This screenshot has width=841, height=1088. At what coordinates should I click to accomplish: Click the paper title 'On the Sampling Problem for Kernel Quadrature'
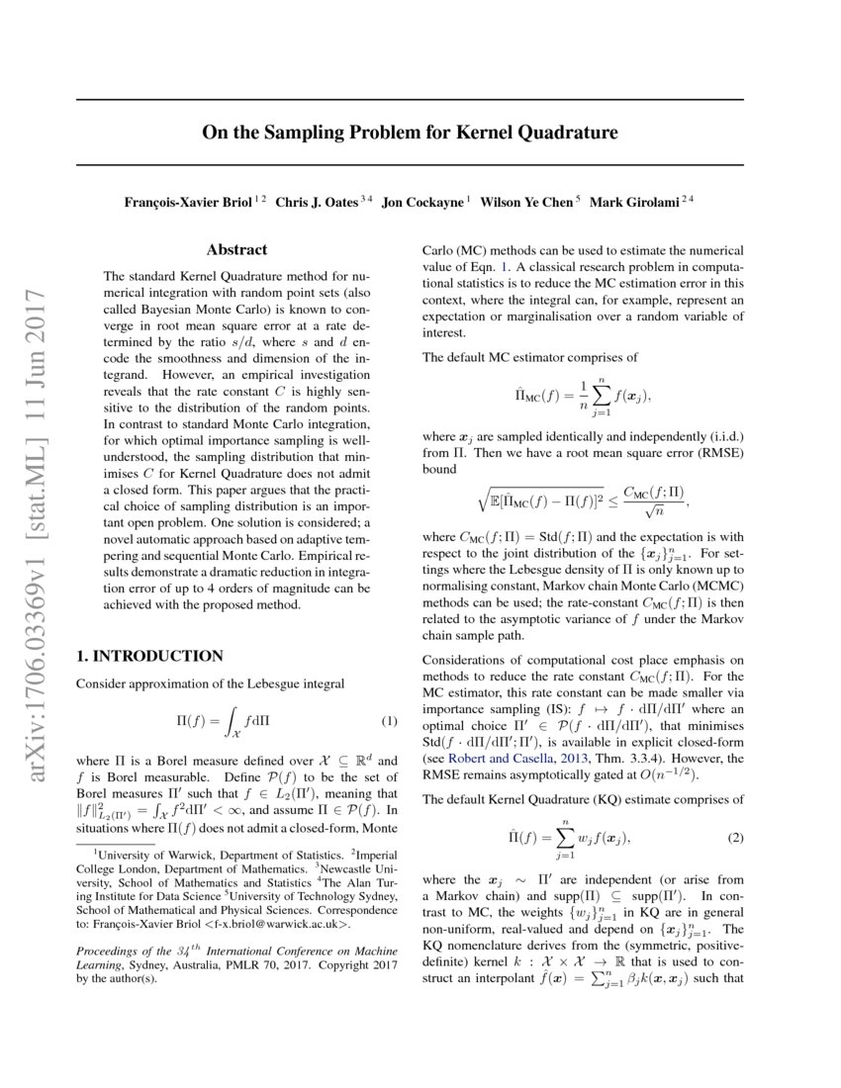tap(410, 133)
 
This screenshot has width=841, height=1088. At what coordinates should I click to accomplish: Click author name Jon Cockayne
tap(422, 203)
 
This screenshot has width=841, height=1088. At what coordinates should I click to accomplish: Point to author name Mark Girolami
tap(633, 203)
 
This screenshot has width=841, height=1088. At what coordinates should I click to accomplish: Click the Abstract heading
tap(237, 251)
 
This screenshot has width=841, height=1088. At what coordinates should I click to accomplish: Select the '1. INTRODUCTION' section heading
tap(149, 656)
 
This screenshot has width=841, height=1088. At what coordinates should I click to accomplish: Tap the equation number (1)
tap(389, 721)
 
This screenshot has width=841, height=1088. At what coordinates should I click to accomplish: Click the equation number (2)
tap(735, 839)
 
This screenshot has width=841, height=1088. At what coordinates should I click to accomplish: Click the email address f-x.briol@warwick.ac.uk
tap(266, 925)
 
